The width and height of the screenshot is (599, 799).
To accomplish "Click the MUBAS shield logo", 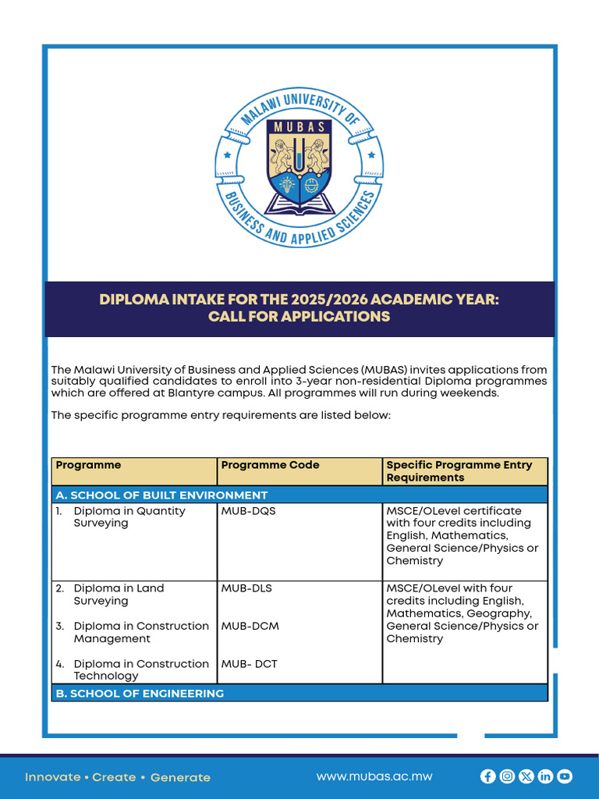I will [299, 165].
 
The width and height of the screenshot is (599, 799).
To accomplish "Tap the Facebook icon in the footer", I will [488, 776].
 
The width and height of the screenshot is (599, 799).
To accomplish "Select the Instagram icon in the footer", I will [507, 776].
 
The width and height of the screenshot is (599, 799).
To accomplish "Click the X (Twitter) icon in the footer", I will [526, 776].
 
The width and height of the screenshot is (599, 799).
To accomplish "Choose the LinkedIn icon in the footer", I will [545, 776].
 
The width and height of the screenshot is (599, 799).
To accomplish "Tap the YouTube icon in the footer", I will [565, 776].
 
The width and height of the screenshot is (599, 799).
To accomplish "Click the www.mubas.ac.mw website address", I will [374, 776].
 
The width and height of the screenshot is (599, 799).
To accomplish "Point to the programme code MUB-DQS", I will [248, 511].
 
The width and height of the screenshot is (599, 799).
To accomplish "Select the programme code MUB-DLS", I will [246, 588].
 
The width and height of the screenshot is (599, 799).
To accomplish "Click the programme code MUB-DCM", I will [250, 626].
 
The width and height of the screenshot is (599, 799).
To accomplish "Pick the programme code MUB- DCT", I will [249, 664].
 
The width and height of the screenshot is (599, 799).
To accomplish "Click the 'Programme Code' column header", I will [270, 465].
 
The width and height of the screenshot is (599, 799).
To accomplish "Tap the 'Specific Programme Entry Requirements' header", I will [459, 471].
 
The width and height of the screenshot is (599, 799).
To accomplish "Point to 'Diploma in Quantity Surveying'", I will [129, 517].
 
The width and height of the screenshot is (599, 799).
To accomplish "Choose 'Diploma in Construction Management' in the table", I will [140, 632].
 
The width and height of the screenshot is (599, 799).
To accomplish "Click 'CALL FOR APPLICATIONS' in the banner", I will [299, 317].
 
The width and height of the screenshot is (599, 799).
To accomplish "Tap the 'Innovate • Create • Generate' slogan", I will [118, 777].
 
